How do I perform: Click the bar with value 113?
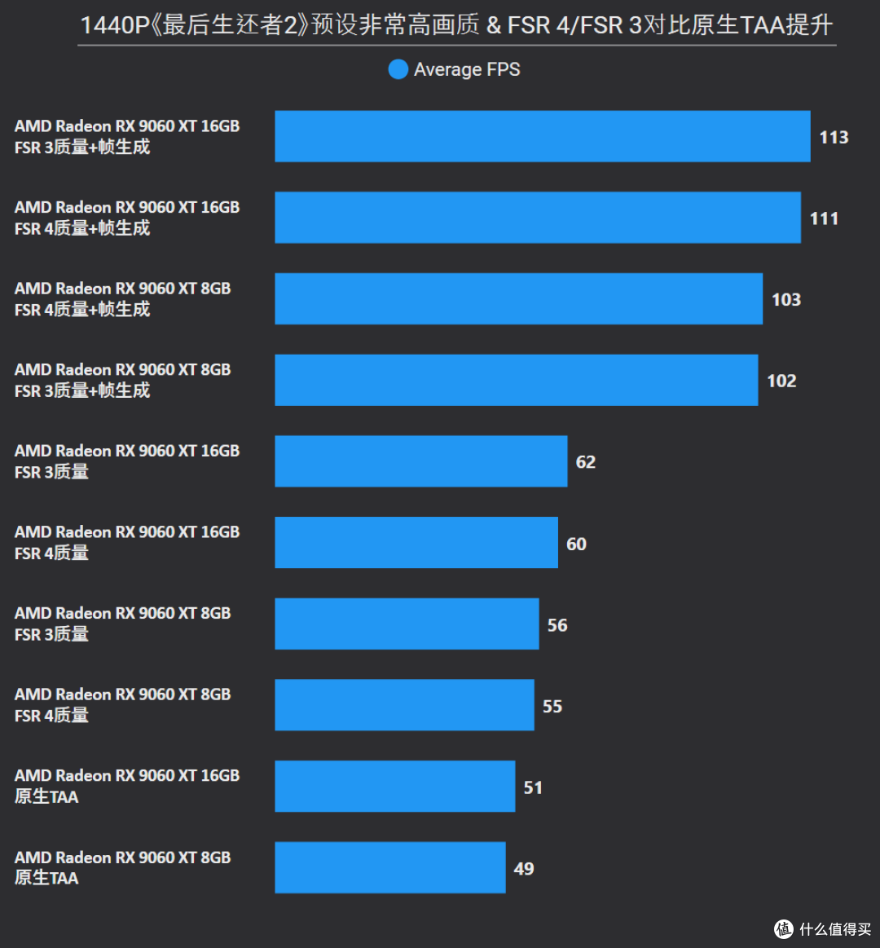(x=542, y=136)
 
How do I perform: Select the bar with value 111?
(x=538, y=218)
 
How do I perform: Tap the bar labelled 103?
(x=518, y=298)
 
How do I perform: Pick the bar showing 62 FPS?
(x=421, y=461)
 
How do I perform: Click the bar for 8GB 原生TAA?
(x=390, y=867)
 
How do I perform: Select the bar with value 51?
(x=395, y=786)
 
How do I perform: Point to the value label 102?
(x=781, y=381)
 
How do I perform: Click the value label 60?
(x=576, y=545)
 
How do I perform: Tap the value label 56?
(x=557, y=625)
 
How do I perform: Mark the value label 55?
(x=552, y=706)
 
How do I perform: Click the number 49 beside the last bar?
(x=523, y=869)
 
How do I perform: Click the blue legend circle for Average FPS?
(x=398, y=69)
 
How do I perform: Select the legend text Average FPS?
(x=467, y=70)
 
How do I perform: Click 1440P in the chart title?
(x=115, y=25)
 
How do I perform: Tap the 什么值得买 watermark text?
(x=835, y=929)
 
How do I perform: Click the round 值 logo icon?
(x=784, y=929)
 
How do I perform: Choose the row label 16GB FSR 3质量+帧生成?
(x=127, y=137)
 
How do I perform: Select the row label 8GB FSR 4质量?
(x=123, y=705)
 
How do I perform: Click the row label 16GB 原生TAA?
(x=127, y=786)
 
